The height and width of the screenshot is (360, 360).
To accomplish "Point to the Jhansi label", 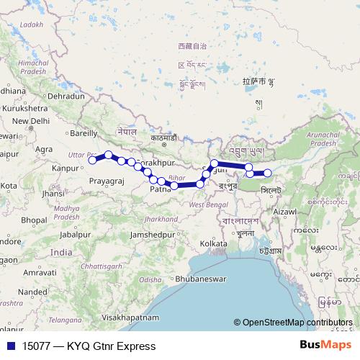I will point(54,194).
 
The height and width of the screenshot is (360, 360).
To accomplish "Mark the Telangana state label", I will point(63,318).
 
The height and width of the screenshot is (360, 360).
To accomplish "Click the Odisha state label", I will point(150,279).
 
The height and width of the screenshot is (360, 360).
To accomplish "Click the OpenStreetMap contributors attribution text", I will point(297,322).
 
